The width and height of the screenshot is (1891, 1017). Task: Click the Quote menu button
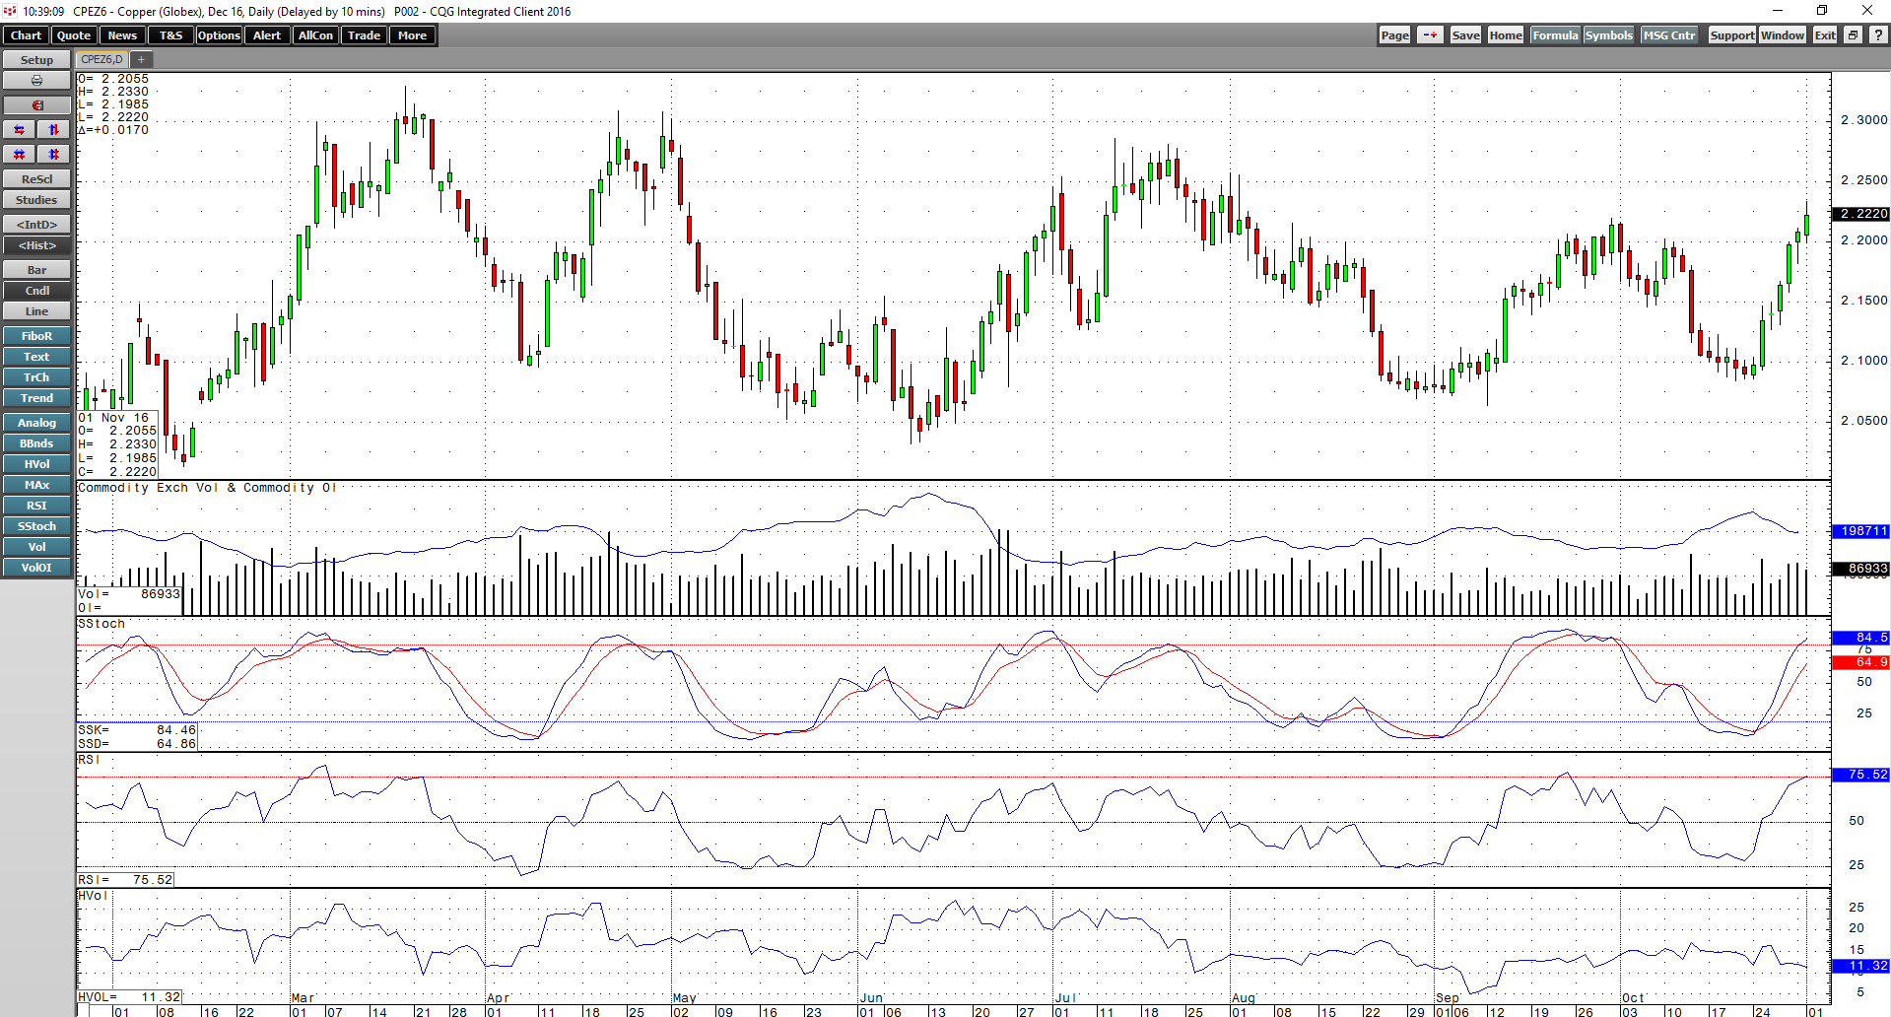tap(74, 35)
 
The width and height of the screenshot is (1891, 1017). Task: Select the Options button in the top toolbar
tap(219, 35)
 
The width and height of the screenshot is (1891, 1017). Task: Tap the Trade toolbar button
tap(364, 35)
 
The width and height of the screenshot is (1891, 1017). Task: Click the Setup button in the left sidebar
tap(36, 60)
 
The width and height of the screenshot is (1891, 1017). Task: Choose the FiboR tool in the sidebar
tap(36, 336)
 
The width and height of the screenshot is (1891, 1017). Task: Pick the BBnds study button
tap(36, 443)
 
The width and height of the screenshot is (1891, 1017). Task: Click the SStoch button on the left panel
tap(36, 526)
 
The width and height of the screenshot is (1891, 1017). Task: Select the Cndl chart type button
tap(36, 291)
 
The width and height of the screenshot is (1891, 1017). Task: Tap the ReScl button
tap(36, 179)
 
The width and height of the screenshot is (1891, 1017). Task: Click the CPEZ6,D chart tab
tap(101, 60)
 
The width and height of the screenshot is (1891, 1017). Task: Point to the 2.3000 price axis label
tap(1864, 120)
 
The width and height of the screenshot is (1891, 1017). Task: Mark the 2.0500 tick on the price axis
tap(1864, 421)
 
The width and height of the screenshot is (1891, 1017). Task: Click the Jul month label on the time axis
tap(1065, 998)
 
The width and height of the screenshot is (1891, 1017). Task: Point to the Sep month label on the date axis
tap(1448, 998)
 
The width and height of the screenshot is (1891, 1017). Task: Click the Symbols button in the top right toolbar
tap(1609, 35)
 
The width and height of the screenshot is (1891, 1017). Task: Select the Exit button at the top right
tap(1825, 35)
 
